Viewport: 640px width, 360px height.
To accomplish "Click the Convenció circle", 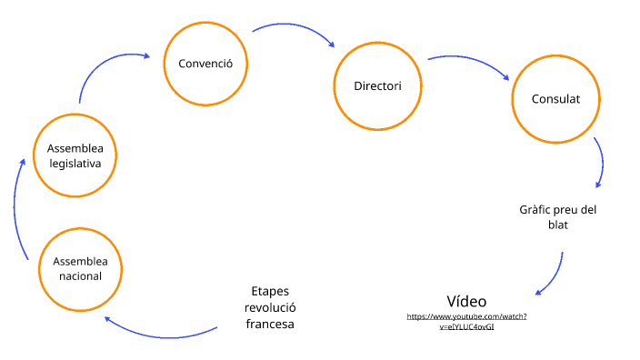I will point(205,64).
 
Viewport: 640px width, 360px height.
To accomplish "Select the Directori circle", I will point(377,86).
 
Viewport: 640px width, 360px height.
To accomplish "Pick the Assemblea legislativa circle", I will point(75,155).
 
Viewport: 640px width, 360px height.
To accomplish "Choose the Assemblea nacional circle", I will point(81,267).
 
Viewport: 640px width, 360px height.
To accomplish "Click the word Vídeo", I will point(466,301).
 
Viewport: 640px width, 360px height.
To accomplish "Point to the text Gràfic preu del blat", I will point(557,216).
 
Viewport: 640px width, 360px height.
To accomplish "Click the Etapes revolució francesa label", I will point(271,307).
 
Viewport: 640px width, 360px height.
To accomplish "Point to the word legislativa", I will point(75,163).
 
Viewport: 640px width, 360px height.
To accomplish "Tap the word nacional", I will point(81,275).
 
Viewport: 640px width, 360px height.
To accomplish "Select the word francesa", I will point(271,324).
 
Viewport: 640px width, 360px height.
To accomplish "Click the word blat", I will point(557,225).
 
